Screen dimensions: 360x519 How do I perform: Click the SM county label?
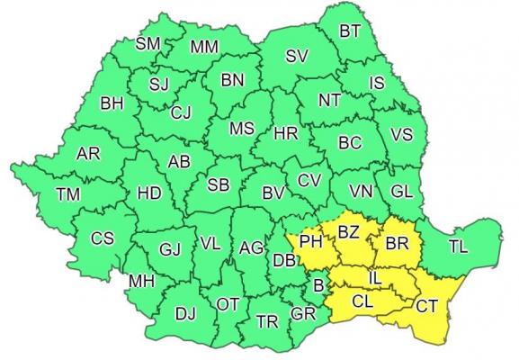[148, 43]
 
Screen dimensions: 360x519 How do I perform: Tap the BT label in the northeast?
[351, 31]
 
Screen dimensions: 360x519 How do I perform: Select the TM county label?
[67, 193]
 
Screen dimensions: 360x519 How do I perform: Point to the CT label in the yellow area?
[427, 306]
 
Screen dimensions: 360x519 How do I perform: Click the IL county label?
[375, 282]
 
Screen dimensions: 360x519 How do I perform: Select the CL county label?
[363, 302]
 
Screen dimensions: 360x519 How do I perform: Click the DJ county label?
[185, 313]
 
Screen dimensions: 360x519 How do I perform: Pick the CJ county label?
[182, 112]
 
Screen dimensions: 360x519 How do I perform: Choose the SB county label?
[218, 185]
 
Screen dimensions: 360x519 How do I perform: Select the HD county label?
[149, 193]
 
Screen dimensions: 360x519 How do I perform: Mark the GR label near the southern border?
[304, 315]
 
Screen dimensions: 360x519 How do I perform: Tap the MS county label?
[241, 129]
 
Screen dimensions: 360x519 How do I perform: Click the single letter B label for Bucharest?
[317, 286]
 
